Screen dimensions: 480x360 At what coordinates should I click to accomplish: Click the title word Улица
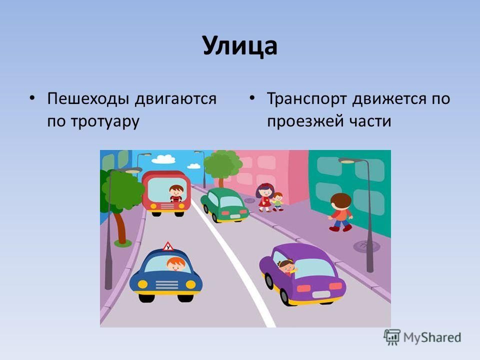pos(240,46)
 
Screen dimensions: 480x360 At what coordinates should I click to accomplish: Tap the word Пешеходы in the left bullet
pos(88,99)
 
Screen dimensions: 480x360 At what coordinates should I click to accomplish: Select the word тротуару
pos(105,121)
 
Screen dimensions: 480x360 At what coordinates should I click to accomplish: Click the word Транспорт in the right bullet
pos(307,99)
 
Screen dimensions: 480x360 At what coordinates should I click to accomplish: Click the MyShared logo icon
pos(392,337)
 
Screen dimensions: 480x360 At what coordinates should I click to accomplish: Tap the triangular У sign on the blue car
pos(168,246)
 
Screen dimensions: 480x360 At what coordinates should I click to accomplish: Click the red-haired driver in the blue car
pos(176,264)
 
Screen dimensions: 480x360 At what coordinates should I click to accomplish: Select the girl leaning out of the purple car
pos(287,267)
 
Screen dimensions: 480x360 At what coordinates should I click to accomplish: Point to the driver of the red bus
pos(176,193)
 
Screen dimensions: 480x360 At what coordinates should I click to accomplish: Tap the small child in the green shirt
pos(277,201)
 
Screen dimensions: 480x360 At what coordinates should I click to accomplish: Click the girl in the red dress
pos(265,197)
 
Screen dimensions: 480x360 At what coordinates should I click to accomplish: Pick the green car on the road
pos(224,205)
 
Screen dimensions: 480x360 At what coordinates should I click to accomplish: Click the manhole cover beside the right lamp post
pos(366,245)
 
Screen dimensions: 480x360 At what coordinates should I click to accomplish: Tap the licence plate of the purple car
pos(321,294)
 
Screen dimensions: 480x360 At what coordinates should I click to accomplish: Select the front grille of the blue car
pos(166,285)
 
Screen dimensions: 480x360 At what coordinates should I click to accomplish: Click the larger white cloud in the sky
pos(163,159)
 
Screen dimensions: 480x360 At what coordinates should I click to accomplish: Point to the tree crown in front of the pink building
pos(222,164)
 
